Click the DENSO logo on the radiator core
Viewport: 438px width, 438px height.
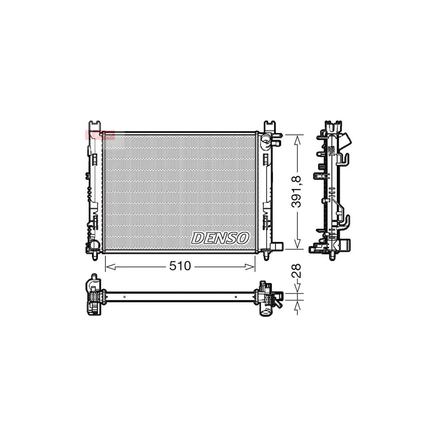pyautogui.click(x=220, y=238)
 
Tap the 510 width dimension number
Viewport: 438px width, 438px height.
pyautogui.click(x=180, y=266)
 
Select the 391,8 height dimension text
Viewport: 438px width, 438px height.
pyautogui.click(x=298, y=191)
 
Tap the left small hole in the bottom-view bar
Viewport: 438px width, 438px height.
pyautogui.click(x=125, y=296)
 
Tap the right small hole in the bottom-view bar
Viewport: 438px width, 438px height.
pyautogui.click(x=236, y=296)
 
